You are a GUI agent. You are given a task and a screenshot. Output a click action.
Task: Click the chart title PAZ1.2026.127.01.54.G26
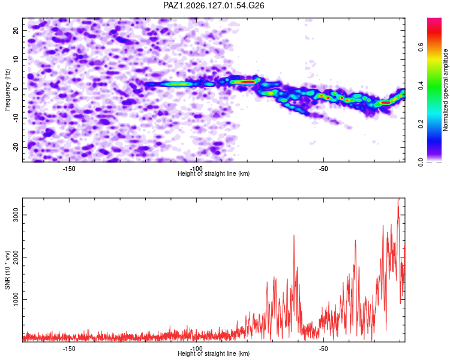click(214, 5)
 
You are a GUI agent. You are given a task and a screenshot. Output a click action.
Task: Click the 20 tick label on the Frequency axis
click(16, 30)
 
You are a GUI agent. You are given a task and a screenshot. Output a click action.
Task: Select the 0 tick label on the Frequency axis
click(16, 89)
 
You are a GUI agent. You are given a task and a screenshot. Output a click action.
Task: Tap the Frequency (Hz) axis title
click(7, 90)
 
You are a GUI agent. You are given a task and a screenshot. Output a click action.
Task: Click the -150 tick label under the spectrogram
click(69, 169)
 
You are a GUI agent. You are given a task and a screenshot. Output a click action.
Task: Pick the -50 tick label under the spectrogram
click(323, 169)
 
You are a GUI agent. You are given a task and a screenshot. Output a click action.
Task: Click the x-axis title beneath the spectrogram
click(214, 173)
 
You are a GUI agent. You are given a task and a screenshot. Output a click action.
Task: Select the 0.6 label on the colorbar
click(421, 47)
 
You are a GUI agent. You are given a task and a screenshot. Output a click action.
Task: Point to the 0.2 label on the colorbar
click(421, 124)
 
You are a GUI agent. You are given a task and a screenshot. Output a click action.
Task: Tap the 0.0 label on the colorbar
click(421, 163)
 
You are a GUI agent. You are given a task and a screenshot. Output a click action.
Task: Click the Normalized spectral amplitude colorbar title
click(445, 90)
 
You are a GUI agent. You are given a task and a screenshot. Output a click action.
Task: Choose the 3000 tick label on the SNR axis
click(16, 215)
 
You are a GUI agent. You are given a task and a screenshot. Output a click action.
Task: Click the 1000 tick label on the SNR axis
click(16, 299)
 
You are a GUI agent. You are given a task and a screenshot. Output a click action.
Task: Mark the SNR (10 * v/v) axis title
click(7, 270)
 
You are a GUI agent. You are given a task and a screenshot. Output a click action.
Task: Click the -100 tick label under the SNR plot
click(196, 348)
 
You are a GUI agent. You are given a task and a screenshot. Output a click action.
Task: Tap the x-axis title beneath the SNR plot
click(214, 353)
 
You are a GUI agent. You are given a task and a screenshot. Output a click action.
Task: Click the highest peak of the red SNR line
click(398, 199)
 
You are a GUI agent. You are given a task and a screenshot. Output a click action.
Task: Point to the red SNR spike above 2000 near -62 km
click(294, 235)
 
